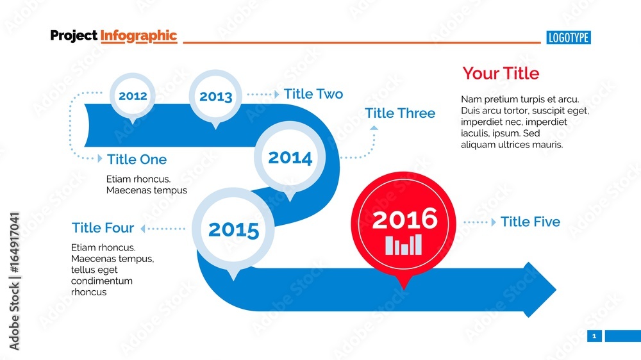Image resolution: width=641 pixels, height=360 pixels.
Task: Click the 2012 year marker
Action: click(x=133, y=96)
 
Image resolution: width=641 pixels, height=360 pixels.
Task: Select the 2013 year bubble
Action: click(x=215, y=97)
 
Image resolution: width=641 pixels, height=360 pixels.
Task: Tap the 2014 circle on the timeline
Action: click(x=290, y=158)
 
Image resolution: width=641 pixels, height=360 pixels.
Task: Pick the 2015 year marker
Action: click(x=234, y=229)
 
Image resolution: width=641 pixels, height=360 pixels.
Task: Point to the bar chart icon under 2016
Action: click(x=404, y=245)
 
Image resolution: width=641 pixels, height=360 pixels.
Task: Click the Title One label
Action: click(x=137, y=160)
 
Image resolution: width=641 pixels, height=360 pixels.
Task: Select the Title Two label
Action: click(x=313, y=94)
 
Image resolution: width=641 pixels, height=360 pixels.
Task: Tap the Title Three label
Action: click(x=400, y=113)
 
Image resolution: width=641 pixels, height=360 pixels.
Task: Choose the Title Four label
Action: click(x=103, y=228)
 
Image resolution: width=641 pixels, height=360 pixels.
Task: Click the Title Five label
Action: click(x=530, y=222)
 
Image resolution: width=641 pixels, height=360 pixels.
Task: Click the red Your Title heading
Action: click(x=501, y=74)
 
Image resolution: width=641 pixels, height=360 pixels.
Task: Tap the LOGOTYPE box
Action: click(x=569, y=38)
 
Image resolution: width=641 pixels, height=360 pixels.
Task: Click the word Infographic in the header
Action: click(x=138, y=36)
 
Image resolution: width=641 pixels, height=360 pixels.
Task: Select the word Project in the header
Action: click(x=74, y=36)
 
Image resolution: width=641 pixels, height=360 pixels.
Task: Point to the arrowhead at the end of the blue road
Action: click(x=540, y=290)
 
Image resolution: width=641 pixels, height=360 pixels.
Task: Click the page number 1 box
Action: click(x=594, y=336)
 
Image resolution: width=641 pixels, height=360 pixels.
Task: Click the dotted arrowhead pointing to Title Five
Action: click(x=493, y=222)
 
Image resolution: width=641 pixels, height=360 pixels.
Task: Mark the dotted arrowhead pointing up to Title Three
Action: click(x=374, y=128)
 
